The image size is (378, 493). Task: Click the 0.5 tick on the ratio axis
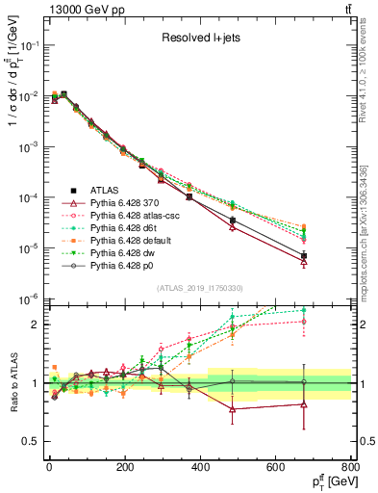[x=32, y=441]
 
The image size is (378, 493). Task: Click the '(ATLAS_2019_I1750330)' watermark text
[x=198, y=288]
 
